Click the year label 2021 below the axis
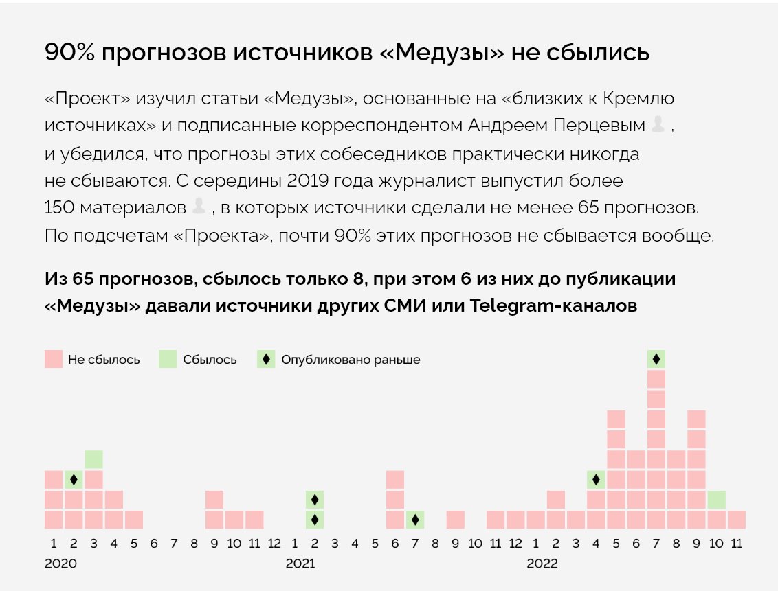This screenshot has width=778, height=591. (300, 564)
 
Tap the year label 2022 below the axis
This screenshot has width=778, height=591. (542, 564)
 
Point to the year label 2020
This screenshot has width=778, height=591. (60, 564)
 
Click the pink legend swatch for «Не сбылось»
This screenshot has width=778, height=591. (54, 359)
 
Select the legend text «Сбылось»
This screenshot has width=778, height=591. (210, 360)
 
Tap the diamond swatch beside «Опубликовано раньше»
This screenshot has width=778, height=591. (266, 359)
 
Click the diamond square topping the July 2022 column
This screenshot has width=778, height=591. (656, 359)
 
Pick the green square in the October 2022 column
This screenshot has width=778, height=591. (716, 500)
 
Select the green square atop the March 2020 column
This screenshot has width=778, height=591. (94, 459)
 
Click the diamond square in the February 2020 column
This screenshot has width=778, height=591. (74, 479)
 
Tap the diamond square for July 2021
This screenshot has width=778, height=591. (415, 520)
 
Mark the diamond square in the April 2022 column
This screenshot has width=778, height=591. (596, 479)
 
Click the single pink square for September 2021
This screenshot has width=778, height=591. (455, 520)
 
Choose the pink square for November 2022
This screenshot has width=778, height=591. (736, 520)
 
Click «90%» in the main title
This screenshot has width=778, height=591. (69, 53)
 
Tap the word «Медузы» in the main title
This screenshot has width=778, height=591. (442, 53)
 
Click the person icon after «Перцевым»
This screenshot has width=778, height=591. (658, 124)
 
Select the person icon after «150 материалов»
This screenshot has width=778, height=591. (199, 205)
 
